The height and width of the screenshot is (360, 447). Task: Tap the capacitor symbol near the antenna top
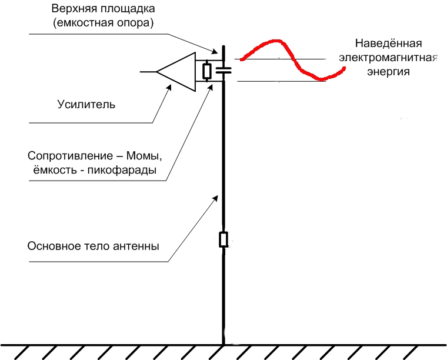click(223, 70)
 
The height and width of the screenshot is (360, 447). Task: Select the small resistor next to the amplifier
click(206, 71)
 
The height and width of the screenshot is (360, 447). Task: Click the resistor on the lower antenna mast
click(223, 239)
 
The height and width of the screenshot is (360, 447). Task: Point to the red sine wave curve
click(293, 60)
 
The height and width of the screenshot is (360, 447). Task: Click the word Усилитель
click(86, 105)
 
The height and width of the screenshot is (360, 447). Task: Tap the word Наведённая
click(388, 44)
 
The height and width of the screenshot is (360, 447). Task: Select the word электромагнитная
click(388, 58)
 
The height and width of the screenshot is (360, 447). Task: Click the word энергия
click(388, 72)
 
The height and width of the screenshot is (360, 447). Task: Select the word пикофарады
click(122, 171)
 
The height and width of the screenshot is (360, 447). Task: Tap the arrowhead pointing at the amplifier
click(169, 87)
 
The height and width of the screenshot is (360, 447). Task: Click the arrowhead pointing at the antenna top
click(214, 51)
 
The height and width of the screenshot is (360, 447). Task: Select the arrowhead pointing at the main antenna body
click(215, 198)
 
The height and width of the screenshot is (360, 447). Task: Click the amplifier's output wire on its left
click(148, 72)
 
